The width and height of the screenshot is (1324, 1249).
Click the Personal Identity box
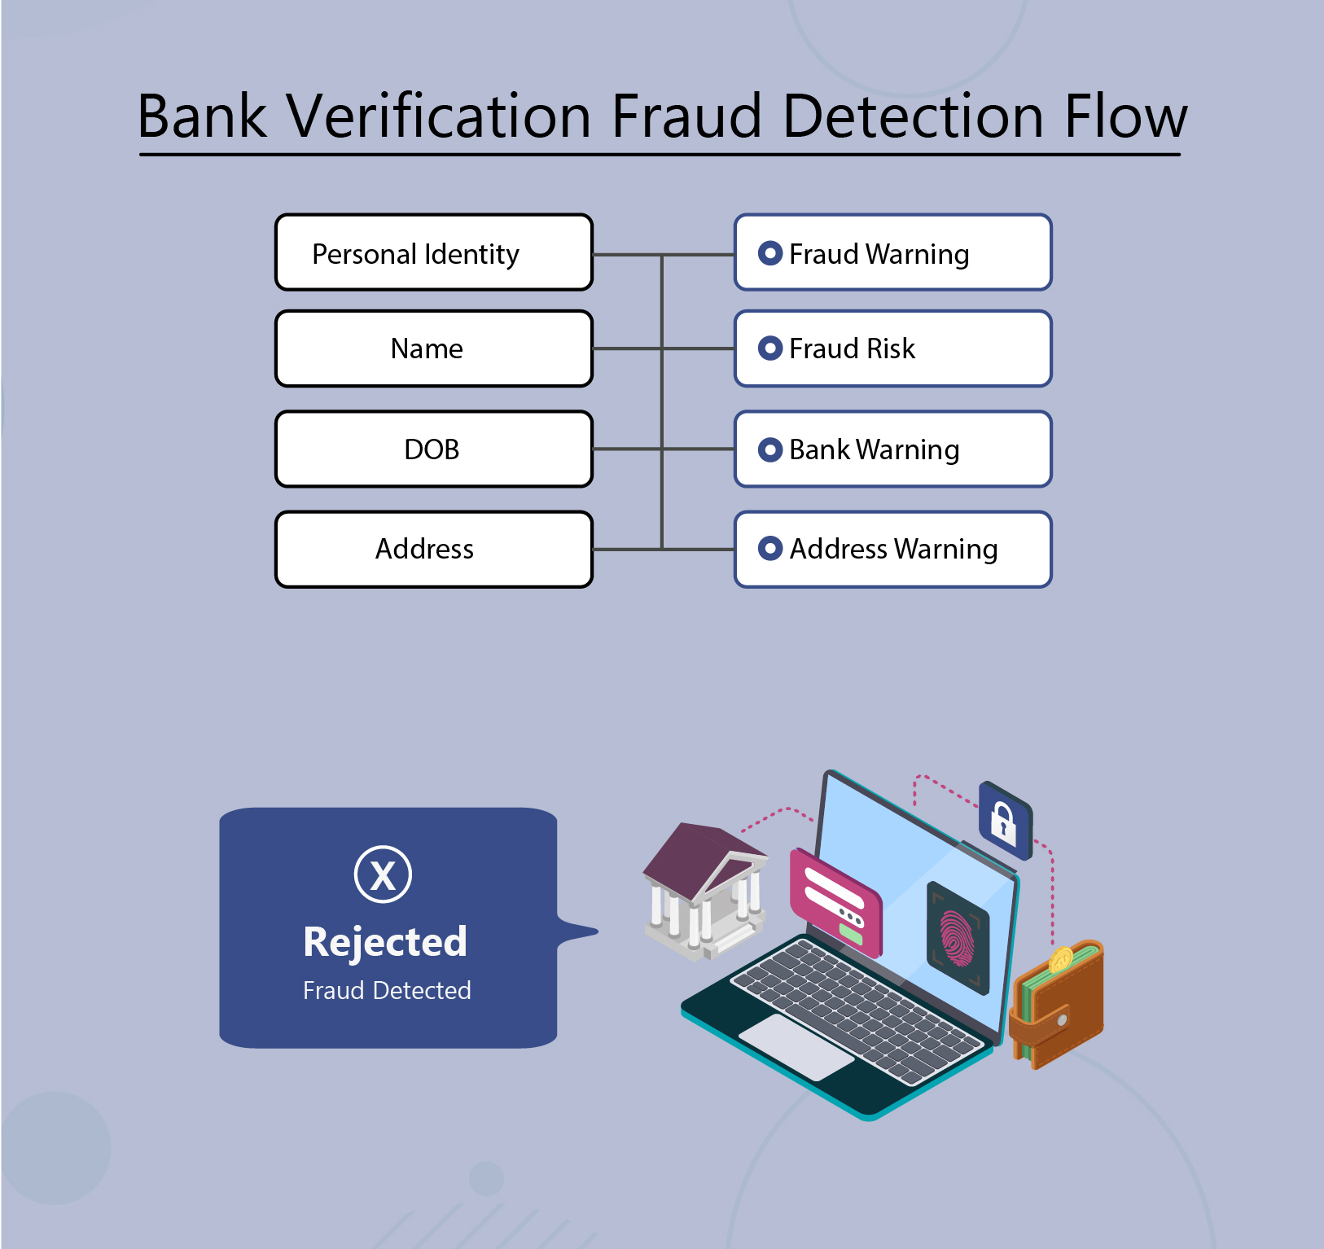(434, 252)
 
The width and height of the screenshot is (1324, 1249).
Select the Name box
(434, 348)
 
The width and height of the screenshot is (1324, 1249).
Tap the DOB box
(434, 449)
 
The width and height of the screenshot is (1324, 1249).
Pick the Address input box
(434, 549)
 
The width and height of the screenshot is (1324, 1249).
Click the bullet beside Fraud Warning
(769, 253)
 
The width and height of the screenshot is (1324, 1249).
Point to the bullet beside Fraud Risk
(769, 348)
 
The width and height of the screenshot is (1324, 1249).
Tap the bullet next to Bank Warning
(769, 449)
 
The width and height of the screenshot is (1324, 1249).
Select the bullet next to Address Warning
(769, 549)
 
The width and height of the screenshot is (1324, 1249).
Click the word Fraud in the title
(686, 116)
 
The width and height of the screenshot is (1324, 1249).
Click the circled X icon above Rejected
(383, 874)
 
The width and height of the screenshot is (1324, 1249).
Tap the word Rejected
(385, 942)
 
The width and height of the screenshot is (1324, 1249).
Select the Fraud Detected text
(387, 990)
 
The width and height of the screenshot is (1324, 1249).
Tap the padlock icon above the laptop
(1004, 820)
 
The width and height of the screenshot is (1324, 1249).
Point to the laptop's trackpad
(796, 1046)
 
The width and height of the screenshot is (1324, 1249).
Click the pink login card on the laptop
(835, 901)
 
